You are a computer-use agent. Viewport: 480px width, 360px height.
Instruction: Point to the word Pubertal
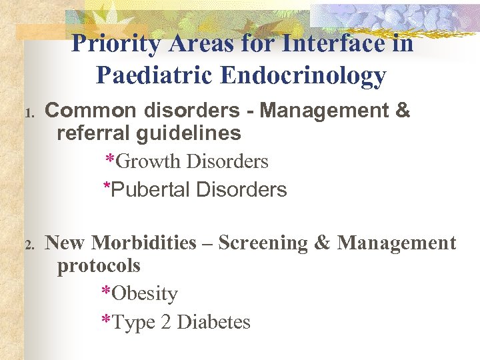[151, 190]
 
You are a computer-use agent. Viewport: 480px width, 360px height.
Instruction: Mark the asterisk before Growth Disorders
[110, 160]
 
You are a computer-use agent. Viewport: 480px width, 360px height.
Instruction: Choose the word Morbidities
[144, 243]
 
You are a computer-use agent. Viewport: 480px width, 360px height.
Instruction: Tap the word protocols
[99, 266]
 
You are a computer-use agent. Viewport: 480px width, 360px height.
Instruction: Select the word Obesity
[145, 294]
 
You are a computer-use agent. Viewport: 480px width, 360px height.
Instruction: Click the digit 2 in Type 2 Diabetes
[165, 323]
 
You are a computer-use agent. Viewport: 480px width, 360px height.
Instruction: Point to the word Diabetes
[214, 323]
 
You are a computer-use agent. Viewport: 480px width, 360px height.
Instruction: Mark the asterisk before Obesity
[106, 293]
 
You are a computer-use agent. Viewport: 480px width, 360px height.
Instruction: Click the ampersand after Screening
[322, 243]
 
